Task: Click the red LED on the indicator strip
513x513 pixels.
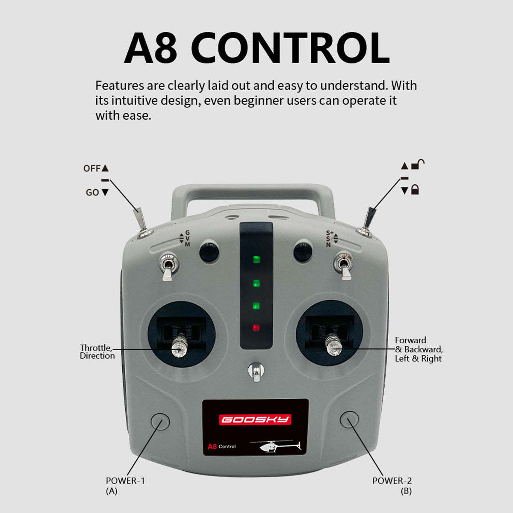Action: pyautogui.click(x=256, y=327)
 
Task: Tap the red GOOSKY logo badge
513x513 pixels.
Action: pyautogui.click(x=255, y=419)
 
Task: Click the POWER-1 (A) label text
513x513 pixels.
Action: pyautogui.click(x=125, y=486)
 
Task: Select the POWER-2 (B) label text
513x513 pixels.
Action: pyautogui.click(x=392, y=486)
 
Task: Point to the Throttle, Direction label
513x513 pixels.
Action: pyautogui.click(x=97, y=352)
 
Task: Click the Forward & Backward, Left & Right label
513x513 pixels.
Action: pyautogui.click(x=419, y=349)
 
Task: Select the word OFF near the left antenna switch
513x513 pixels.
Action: pyautogui.click(x=92, y=168)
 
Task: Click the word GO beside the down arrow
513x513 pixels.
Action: pyautogui.click(x=92, y=192)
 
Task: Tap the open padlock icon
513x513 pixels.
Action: pyautogui.click(x=418, y=164)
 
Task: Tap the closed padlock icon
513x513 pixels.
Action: pyautogui.click(x=415, y=189)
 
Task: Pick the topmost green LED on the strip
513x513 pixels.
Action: pyautogui.click(x=256, y=259)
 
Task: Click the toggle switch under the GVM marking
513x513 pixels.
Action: pyautogui.click(x=168, y=267)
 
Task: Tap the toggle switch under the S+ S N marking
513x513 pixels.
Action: pyautogui.click(x=344, y=266)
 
